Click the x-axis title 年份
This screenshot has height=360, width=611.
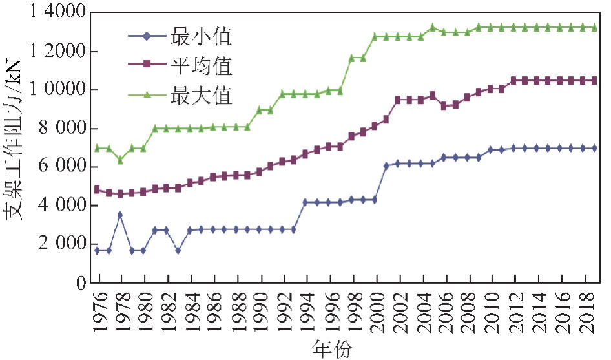click(x=332, y=348)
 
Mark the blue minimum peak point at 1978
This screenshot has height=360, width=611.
click(x=120, y=215)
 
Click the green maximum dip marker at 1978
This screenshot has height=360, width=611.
click(x=120, y=160)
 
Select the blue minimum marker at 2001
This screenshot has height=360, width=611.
click(x=386, y=165)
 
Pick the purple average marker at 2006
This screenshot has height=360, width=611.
click(x=444, y=106)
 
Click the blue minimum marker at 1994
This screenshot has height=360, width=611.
click(x=305, y=202)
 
